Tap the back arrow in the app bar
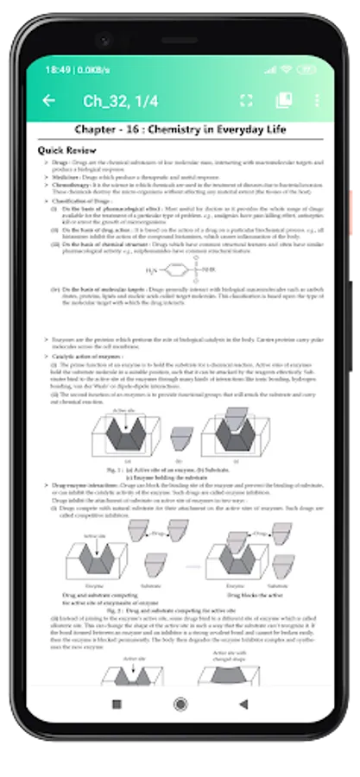[49, 101]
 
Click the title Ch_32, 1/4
[120, 101]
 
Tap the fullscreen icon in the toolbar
[246, 101]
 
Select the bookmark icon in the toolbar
[283, 101]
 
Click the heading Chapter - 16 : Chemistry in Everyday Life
[180, 129]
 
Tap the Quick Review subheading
[67, 150]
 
